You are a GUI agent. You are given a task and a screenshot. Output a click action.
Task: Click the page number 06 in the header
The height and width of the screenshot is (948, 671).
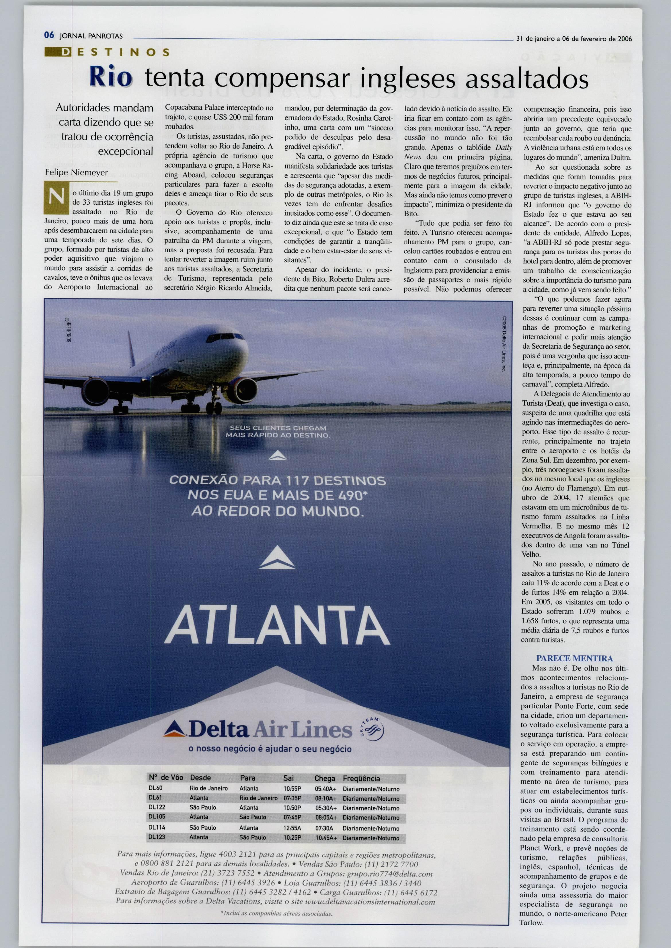[x=49, y=36]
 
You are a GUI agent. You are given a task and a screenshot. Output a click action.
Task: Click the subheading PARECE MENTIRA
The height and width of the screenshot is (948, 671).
[x=574, y=658]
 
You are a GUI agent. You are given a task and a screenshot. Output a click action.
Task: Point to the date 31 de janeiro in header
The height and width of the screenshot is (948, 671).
[x=537, y=39]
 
